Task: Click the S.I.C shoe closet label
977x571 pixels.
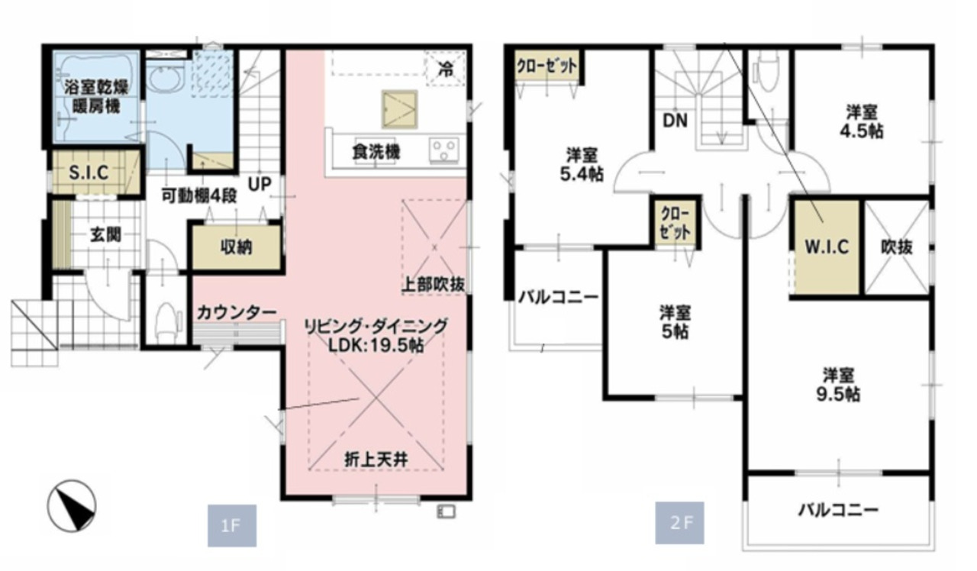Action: pos(89,173)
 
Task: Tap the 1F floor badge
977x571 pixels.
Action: pos(231,526)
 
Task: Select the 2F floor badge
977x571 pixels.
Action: pos(679,523)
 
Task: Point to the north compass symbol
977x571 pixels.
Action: pos(72,505)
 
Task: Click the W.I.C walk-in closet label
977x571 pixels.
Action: pos(827,247)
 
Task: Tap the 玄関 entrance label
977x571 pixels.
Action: pos(105,235)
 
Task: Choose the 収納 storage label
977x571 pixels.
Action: pos(236,247)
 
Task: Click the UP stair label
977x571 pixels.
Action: pos(260,185)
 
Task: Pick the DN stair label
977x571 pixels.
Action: pos(675,121)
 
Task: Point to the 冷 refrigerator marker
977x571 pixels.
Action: pos(446,69)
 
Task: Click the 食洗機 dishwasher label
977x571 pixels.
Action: pos(376,152)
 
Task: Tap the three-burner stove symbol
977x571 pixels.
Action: pos(444,150)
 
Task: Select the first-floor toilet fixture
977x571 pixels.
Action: pos(166,322)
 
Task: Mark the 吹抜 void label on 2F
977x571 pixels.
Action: pos(897,247)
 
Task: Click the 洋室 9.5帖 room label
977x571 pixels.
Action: pos(838,385)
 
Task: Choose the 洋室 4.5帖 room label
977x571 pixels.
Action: pos(862,121)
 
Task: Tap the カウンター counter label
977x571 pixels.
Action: pos(237,312)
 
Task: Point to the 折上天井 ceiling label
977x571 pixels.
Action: pos(376,460)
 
